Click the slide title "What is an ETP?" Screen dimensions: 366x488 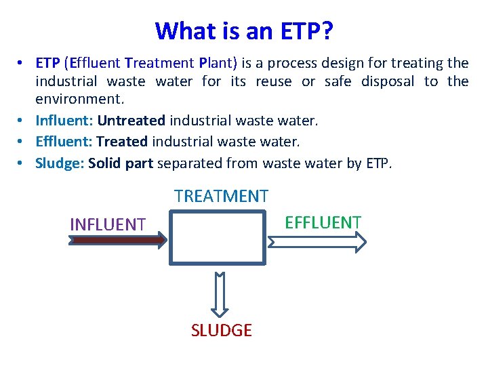[244, 30]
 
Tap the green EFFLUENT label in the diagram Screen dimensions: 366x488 [323, 222]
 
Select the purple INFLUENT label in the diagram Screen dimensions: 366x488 [108, 224]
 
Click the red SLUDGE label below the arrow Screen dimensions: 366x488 [221, 331]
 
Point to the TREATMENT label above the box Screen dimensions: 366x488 [221, 197]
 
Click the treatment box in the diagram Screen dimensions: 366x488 [217, 237]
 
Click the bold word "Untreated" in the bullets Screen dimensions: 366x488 [131, 121]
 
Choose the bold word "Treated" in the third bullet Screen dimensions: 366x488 [122, 142]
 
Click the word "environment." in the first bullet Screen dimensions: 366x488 [80, 100]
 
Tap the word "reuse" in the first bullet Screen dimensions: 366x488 [274, 82]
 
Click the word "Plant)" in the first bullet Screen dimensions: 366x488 [218, 64]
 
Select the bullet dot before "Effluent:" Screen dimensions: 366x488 [23, 142]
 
